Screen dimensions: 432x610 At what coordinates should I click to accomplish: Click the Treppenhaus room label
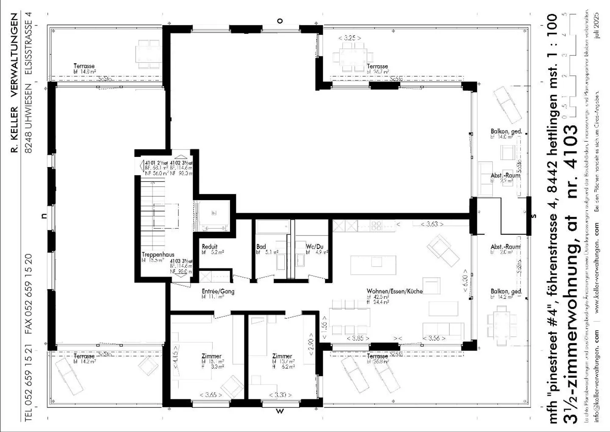click(x=158, y=255)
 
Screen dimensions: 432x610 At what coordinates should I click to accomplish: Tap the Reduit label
click(x=209, y=246)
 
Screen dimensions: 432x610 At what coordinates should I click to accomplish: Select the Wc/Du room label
click(x=314, y=246)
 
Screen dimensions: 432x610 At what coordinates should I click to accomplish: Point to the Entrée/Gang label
click(x=218, y=291)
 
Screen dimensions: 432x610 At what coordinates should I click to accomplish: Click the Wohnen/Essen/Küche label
click(x=394, y=291)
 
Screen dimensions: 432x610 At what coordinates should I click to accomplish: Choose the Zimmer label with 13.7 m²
click(x=282, y=356)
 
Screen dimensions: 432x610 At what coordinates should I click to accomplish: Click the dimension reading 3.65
click(x=211, y=395)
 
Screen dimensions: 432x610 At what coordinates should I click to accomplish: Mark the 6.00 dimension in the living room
click(x=465, y=280)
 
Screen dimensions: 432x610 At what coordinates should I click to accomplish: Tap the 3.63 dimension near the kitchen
click(x=432, y=223)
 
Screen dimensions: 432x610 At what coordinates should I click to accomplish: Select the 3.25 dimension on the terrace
click(x=349, y=38)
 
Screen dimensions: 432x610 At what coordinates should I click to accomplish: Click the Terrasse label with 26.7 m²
click(x=377, y=66)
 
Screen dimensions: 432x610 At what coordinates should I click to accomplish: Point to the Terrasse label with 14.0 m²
click(x=84, y=66)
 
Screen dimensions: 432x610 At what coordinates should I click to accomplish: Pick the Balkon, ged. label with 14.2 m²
click(x=506, y=291)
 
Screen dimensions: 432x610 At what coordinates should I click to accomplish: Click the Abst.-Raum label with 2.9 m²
click(x=505, y=175)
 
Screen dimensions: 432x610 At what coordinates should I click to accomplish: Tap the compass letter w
click(x=280, y=410)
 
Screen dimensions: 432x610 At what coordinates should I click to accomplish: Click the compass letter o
click(x=280, y=20)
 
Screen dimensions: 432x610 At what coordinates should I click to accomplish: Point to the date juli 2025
click(x=597, y=25)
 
